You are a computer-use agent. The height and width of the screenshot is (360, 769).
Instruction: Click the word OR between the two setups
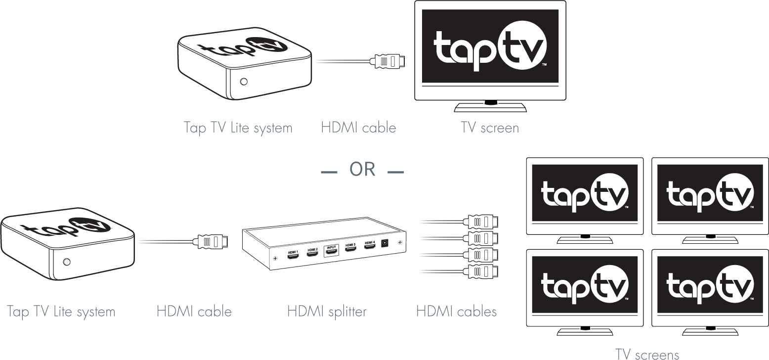coord(362,170)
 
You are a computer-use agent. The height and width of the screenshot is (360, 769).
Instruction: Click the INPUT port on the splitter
coord(332,252)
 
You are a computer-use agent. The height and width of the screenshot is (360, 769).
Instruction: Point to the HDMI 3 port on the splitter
coord(351,250)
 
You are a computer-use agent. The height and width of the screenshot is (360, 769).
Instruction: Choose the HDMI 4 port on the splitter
coord(370,247)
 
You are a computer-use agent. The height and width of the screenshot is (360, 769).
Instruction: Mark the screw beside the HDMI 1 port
coord(275,259)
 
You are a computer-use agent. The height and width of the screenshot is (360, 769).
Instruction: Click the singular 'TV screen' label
coord(490,128)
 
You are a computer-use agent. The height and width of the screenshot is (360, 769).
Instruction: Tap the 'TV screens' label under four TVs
coord(647,354)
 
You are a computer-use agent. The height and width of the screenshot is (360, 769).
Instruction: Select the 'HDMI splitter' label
coord(327,312)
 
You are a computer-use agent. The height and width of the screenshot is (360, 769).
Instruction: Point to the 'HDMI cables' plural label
coord(456,311)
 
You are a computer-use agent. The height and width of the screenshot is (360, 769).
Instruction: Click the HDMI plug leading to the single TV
coord(391,62)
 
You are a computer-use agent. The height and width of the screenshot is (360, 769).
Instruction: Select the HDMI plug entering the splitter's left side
coord(213,242)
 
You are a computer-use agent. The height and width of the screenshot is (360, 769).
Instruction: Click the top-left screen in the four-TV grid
coord(585,193)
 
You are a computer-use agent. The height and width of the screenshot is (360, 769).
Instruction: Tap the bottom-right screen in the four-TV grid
coord(710,285)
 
